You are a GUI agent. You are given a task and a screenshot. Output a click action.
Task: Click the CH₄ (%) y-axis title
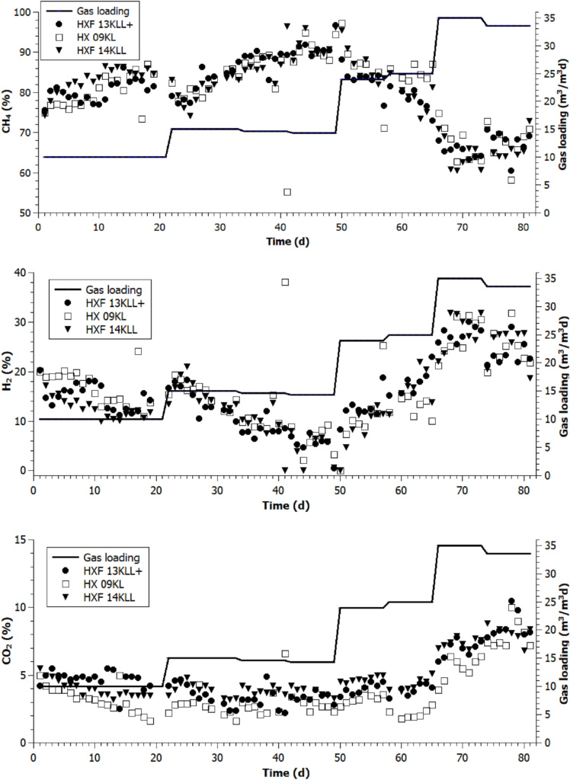click(8, 112)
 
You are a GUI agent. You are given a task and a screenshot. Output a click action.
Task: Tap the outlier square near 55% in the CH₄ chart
click(287, 192)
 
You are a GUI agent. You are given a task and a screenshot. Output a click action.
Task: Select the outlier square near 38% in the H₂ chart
click(286, 283)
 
